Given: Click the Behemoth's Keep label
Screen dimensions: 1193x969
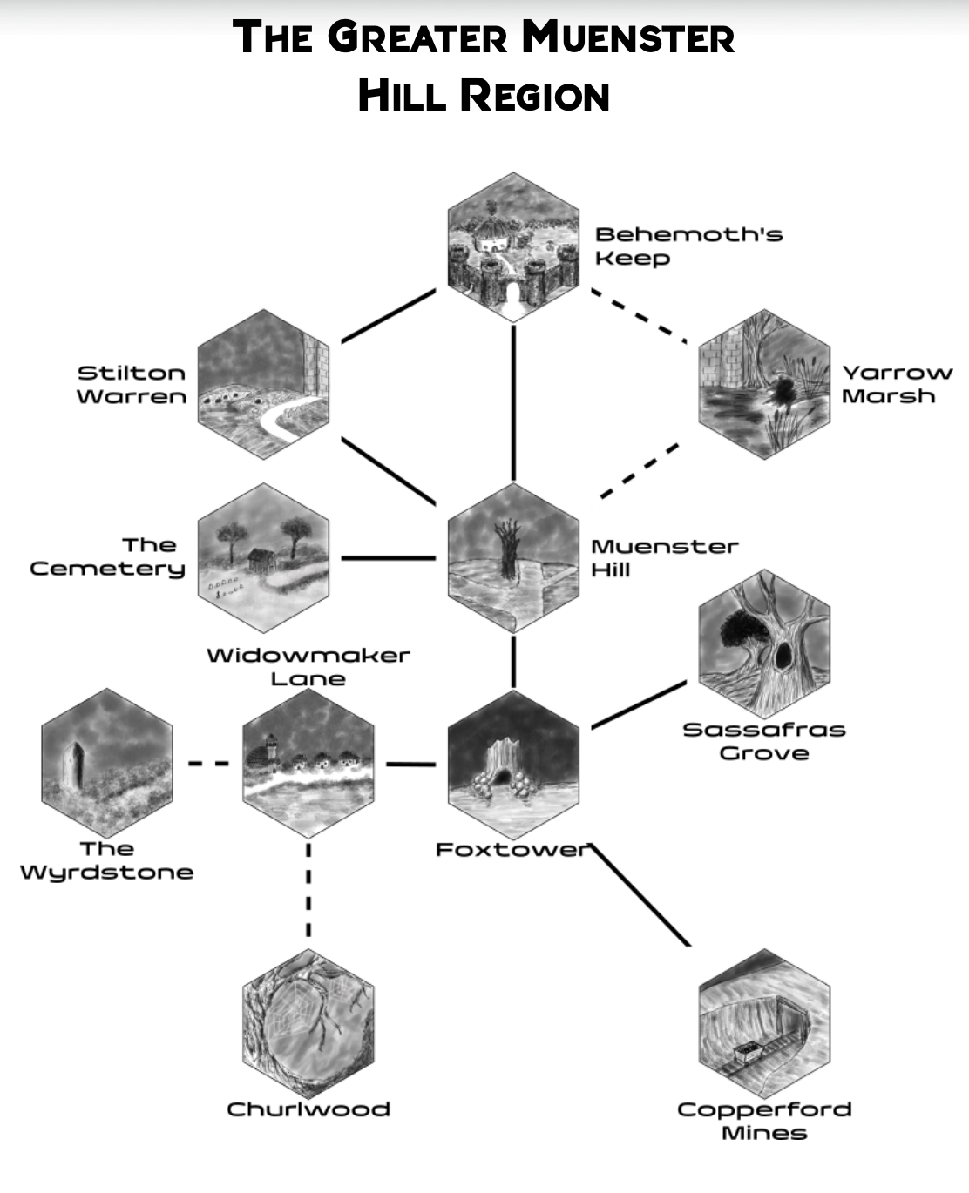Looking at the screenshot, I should tap(688, 246).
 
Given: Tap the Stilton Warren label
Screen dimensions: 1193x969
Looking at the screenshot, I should tap(132, 384).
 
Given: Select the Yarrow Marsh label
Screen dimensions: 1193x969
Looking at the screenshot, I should tap(897, 384).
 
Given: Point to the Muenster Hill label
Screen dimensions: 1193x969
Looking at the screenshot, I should tap(664, 557).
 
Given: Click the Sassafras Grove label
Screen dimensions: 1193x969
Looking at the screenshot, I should tap(763, 741).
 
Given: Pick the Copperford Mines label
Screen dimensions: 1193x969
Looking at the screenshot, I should tap(764, 1121).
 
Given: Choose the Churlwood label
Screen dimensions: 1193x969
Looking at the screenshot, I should tap(308, 1109).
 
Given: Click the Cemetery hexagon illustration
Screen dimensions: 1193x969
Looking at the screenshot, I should tap(263, 558).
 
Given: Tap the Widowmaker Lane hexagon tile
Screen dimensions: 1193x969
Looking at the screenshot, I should tap(308, 765).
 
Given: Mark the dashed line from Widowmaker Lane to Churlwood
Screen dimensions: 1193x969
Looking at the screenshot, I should tap(308, 888).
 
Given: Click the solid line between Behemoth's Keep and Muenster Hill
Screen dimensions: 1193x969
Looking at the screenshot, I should tap(513, 401).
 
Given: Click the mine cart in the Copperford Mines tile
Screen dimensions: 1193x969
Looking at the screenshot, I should tap(748, 1052).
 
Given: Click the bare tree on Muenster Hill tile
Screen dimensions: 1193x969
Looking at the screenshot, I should tap(510, 549).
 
